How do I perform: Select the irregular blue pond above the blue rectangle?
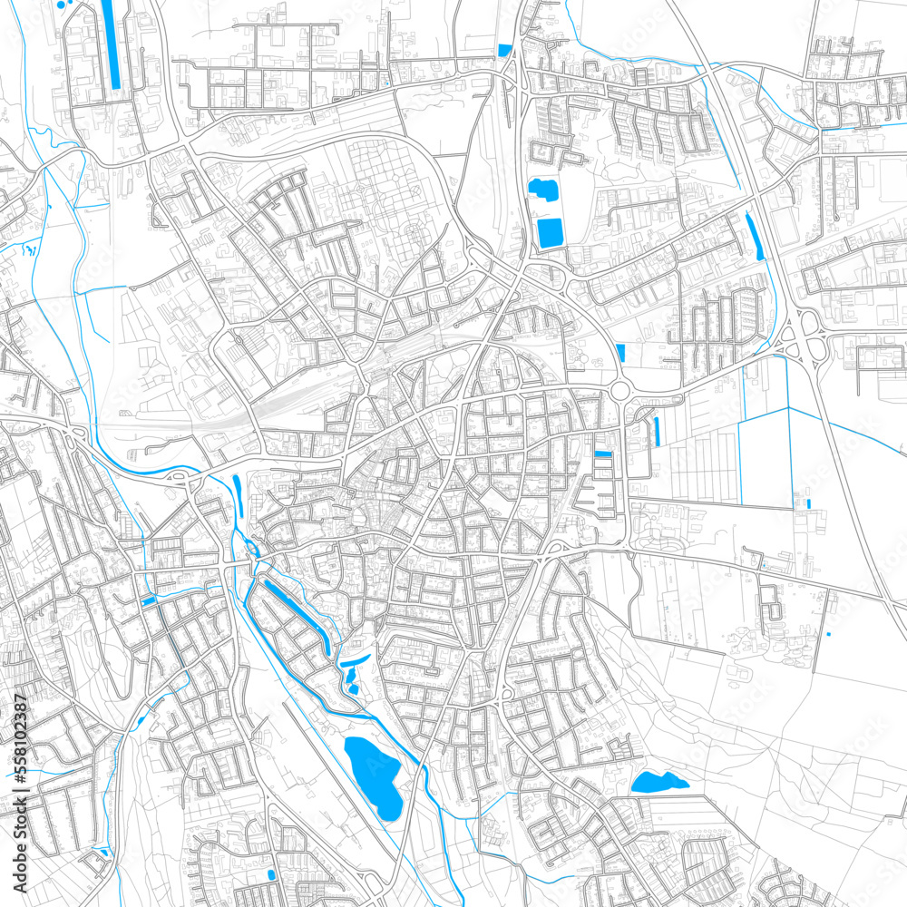pos(543,190)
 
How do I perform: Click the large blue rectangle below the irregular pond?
pos(550,232)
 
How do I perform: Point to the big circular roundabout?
pos(621,391)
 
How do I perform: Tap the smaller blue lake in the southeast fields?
pos(659,781)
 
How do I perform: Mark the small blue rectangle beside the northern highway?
pos(504,49)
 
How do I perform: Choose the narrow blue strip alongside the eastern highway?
pos(752,236)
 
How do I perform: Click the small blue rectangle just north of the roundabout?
pos(620,352)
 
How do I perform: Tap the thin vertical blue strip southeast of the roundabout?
pos(656,431)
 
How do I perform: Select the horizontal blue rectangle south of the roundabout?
pos(602,453)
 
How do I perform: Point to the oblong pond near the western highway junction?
pos(238,488)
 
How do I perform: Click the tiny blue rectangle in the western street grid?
pos(148,600)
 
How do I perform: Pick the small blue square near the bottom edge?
pos(270,874)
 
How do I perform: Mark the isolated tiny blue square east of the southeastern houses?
pos(828,634)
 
